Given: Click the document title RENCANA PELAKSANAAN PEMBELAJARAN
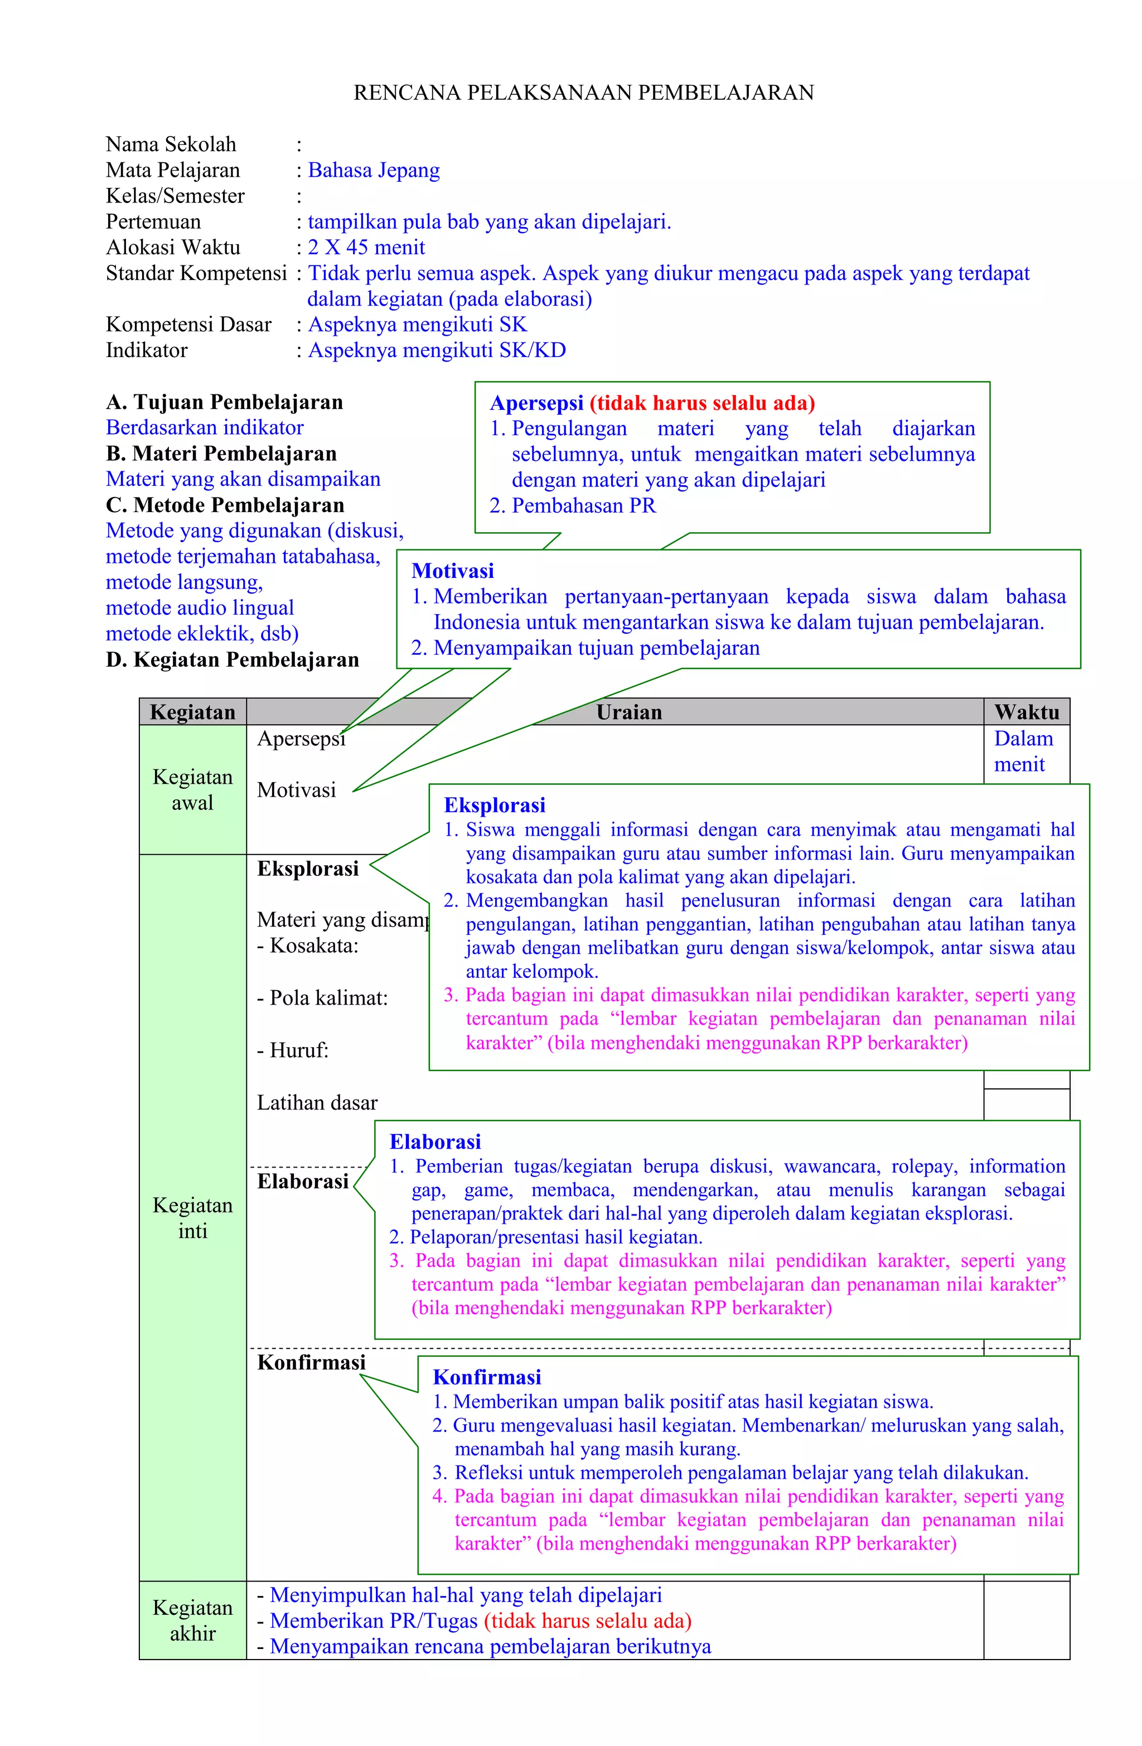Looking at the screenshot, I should pyautogui.click(x=583, y=93).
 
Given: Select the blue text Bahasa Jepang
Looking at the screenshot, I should pyautogui.click(x=374, y=170).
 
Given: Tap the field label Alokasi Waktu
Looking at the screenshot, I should pyautogui.click(x=172, y=247).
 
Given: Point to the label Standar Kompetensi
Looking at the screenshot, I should pyautogui.click(x=196, y=273).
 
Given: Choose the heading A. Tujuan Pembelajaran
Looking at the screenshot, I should pyautogui.click(x=224, y=402).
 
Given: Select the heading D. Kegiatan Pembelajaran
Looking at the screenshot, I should pyautogui.click(x=232, y=659).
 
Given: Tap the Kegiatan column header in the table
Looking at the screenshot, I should pyautogui.click(x=192, y=712).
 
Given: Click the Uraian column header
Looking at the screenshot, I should pyautogui.click(x=628, y=712).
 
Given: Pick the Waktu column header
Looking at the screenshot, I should pyautogui.click(x=1026, y=712).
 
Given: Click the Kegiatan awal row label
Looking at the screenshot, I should pyautogui.click(x=192, y=789).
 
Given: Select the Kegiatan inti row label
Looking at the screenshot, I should pyautogui.click(x=192, y=1218).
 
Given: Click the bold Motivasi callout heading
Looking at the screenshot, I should pyautogui.click(x=453, y=571).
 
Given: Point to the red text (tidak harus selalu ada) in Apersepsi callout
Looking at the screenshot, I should pyautogui.click(x=702, y=403).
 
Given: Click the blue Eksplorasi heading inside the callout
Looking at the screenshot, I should pyautogui.click(x=495, y=805).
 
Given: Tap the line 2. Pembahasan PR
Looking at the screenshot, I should pyautogui.click(x=573, y=505).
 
